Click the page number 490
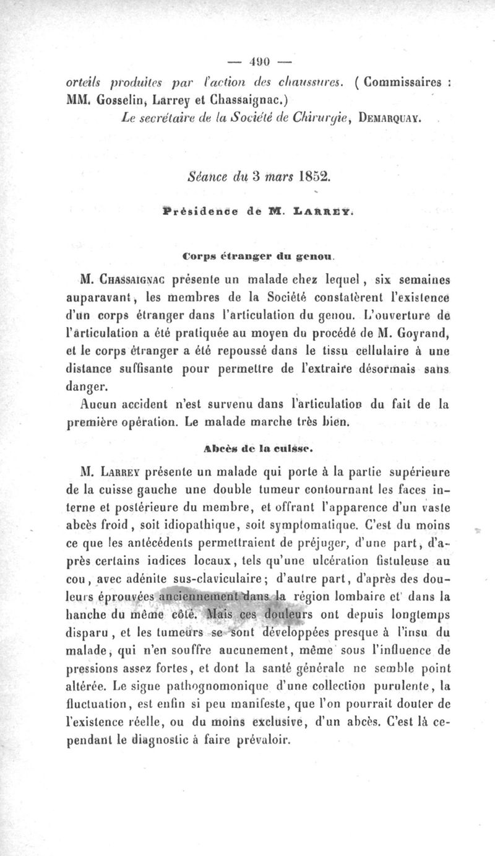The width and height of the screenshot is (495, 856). point(250,62)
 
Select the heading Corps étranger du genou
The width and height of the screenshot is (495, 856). point(250,253)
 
